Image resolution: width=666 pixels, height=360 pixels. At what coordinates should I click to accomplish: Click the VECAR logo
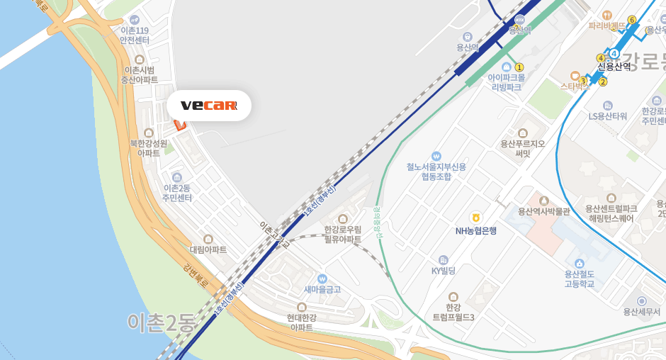[208, 106]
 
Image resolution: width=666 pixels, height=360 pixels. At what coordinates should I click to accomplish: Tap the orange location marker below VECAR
[179, 125]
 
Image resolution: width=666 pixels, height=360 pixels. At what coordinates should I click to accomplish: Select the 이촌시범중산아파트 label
[139, 74]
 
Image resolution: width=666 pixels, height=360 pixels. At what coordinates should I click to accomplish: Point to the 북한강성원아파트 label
[149, 147]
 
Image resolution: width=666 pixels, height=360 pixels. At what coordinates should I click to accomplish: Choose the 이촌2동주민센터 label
[177, 192]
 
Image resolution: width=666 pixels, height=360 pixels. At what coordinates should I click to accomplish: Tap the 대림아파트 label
[208, 250]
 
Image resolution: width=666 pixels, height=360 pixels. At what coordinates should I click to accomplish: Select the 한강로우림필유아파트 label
[343, 234]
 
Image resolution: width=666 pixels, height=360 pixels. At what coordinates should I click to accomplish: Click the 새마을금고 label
[322, 289]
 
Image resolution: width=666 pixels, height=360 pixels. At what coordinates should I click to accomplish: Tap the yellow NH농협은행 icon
[476, 216]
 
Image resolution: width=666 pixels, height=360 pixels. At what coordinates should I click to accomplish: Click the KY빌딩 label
[444, 270]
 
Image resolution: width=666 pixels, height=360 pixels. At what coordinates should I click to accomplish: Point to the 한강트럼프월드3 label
[453, 312]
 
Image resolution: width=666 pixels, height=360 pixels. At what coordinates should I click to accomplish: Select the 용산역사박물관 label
[544, 211]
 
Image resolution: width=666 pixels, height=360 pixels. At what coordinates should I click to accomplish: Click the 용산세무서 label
[641, 311]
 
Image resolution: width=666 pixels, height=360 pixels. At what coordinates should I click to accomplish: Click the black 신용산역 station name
[614, 67]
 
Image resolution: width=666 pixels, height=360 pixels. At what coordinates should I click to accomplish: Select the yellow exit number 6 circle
[631, 20]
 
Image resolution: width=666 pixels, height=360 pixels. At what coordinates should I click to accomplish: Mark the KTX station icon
[520, 19]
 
